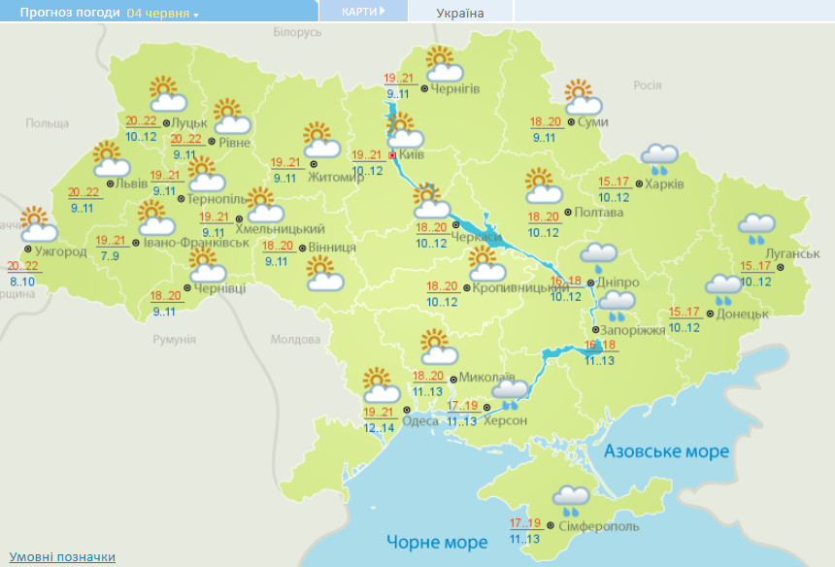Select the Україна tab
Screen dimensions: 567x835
[460, 13]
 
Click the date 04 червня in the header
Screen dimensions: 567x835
[158, 14]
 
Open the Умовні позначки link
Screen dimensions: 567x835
[63, 556]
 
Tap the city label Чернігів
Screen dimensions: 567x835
[455, 89]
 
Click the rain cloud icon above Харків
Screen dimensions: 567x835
[660, 156]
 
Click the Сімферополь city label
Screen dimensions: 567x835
[599, 526]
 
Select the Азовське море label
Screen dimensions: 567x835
[665, 452]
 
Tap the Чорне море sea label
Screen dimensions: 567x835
[437, 542]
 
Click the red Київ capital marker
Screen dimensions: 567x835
[392, 154]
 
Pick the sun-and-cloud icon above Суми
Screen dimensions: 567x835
[582, 97]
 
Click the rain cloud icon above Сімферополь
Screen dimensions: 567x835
[571, 499]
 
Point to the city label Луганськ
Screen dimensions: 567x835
[766, 253]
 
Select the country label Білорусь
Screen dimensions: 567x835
[297, 32]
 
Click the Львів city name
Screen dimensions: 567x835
[132, 183]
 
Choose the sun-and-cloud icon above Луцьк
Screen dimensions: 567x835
[167, 95]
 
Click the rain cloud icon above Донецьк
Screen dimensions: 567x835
[724, 287]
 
